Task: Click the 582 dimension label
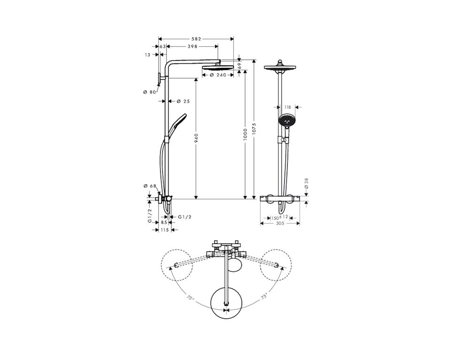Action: [x=196, y=39]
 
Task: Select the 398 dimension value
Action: [x=192, y=46]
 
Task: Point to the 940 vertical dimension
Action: [x=196, y=139]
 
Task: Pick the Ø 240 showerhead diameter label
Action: [x=218, y=75]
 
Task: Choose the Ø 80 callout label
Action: [x=149, y=92]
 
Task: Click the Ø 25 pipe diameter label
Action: [x=183, y=101]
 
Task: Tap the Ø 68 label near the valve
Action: [x=150, y=186]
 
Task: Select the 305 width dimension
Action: [x=280, y=223]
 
